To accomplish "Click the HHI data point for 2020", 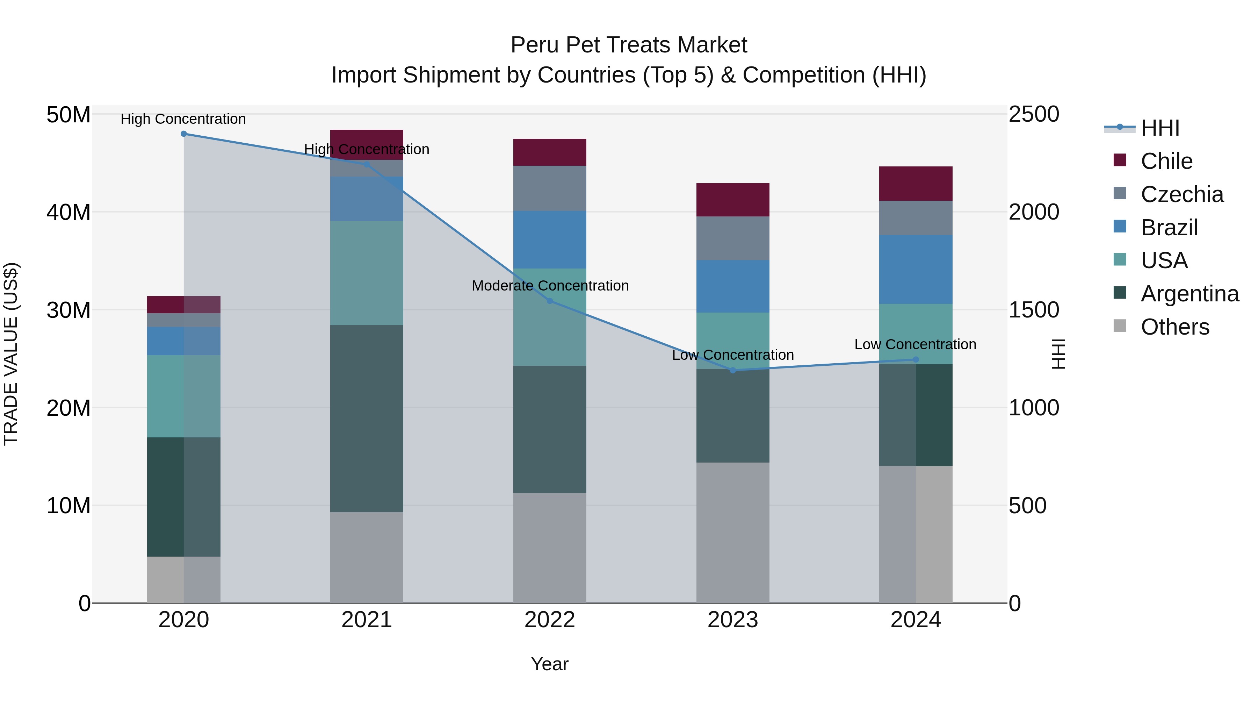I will tap(183, 134).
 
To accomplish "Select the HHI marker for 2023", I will tap(732, 370).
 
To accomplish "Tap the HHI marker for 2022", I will tap(550, 301).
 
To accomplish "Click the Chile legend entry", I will tap(1166, 161).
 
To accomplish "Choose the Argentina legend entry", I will tap(1190, 294).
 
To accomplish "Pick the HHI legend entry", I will tap(1160, 128).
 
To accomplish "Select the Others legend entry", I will tap(1174, 327).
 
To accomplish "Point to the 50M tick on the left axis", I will tap(68, 115).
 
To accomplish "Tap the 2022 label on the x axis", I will tap(550, 620).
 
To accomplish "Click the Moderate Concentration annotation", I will tap(550, 286).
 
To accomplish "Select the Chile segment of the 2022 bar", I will tap(550, 152).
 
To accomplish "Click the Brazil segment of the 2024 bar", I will tap(916, 270).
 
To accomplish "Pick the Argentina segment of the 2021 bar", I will tap(367, 419).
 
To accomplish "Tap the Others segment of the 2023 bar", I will tap(732, 532).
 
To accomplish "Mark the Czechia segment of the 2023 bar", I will tap(732, 238).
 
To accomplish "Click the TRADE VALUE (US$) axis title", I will tap(11, 354).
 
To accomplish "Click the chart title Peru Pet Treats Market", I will tap(629, 45).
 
